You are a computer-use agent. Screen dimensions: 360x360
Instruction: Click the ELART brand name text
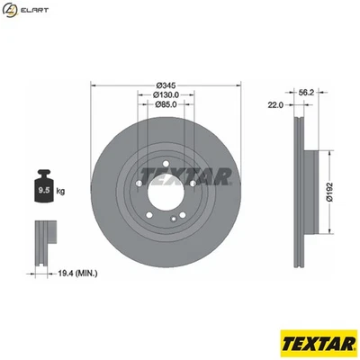click(34, 10)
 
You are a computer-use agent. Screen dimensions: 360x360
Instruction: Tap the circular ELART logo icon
click(10, 10)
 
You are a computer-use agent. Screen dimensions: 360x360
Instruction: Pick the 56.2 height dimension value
click(305, 92)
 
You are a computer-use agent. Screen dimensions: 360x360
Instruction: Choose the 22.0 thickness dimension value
click(275, 105)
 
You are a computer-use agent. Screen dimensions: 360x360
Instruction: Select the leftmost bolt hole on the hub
click(138, 184)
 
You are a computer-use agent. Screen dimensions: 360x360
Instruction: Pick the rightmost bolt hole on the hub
click(193, 184)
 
